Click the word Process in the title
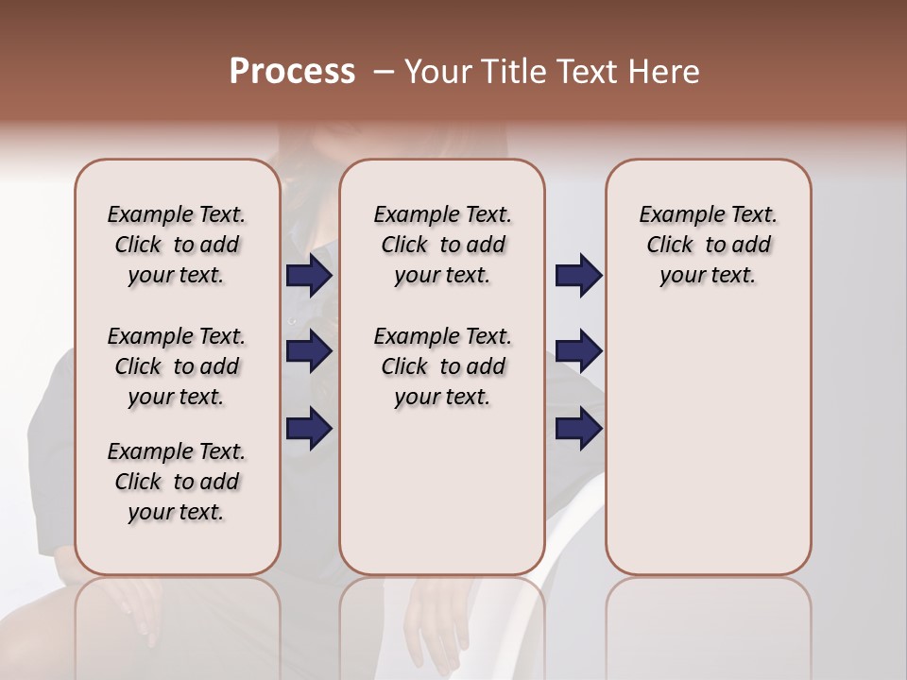[292, 72]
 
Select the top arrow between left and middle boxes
[309, 276]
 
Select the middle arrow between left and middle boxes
[309, 352]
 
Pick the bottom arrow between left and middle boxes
[309, 429]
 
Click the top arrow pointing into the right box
[578, 276]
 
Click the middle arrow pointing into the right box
[578, 352]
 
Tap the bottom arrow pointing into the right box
[578, 429]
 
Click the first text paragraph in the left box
[177, 245]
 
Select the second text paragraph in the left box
[177, 366]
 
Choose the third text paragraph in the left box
[177, 482]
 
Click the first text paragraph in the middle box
[442, 245]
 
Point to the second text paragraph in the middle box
[442, 366]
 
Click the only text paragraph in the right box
[709, 245]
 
